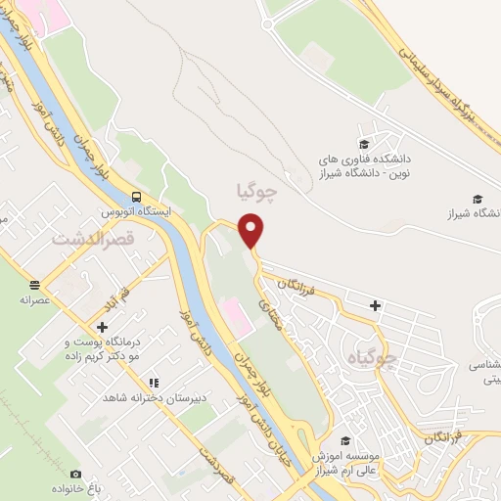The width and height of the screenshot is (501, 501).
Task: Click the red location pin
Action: (252, 229)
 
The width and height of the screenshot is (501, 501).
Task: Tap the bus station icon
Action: (136, 195)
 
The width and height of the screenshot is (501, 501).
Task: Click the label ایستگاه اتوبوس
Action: (137, 210)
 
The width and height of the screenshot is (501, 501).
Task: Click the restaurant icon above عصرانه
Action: (35, 286)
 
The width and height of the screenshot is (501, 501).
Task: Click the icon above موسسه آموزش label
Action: (343, 441)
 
